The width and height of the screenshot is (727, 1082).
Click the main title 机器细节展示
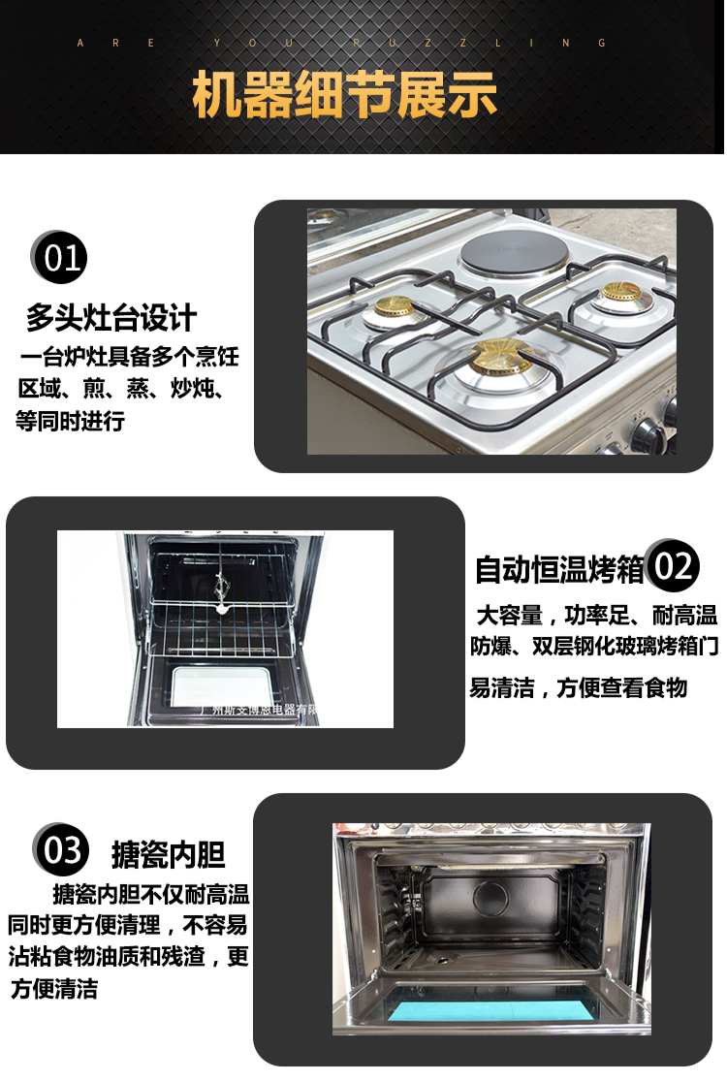344,96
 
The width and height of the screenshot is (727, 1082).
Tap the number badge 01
60,258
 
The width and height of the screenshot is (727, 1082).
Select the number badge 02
673,566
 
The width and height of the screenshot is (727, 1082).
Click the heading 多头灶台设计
111,318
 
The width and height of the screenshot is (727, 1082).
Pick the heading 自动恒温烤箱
559,570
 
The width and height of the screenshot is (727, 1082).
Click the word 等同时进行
70,422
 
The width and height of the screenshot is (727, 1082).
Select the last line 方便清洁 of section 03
54,990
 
